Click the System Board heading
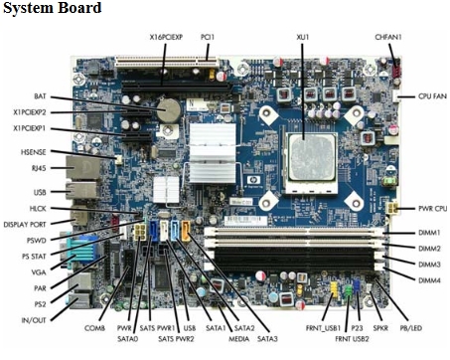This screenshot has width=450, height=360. [x=52, y=9]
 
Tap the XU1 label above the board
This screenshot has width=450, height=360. [x=303, y=37]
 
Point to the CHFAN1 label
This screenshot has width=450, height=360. [x=388, y=37]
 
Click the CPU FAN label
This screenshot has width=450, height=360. [x=425, y=96]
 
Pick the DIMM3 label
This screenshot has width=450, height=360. [x=429, y=265]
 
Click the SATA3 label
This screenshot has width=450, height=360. [x=267, y=339]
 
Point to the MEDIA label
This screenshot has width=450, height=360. [x=240, y=326]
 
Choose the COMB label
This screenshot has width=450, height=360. [x=95, y=327]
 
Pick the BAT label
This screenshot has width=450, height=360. [x=40, y=96]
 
